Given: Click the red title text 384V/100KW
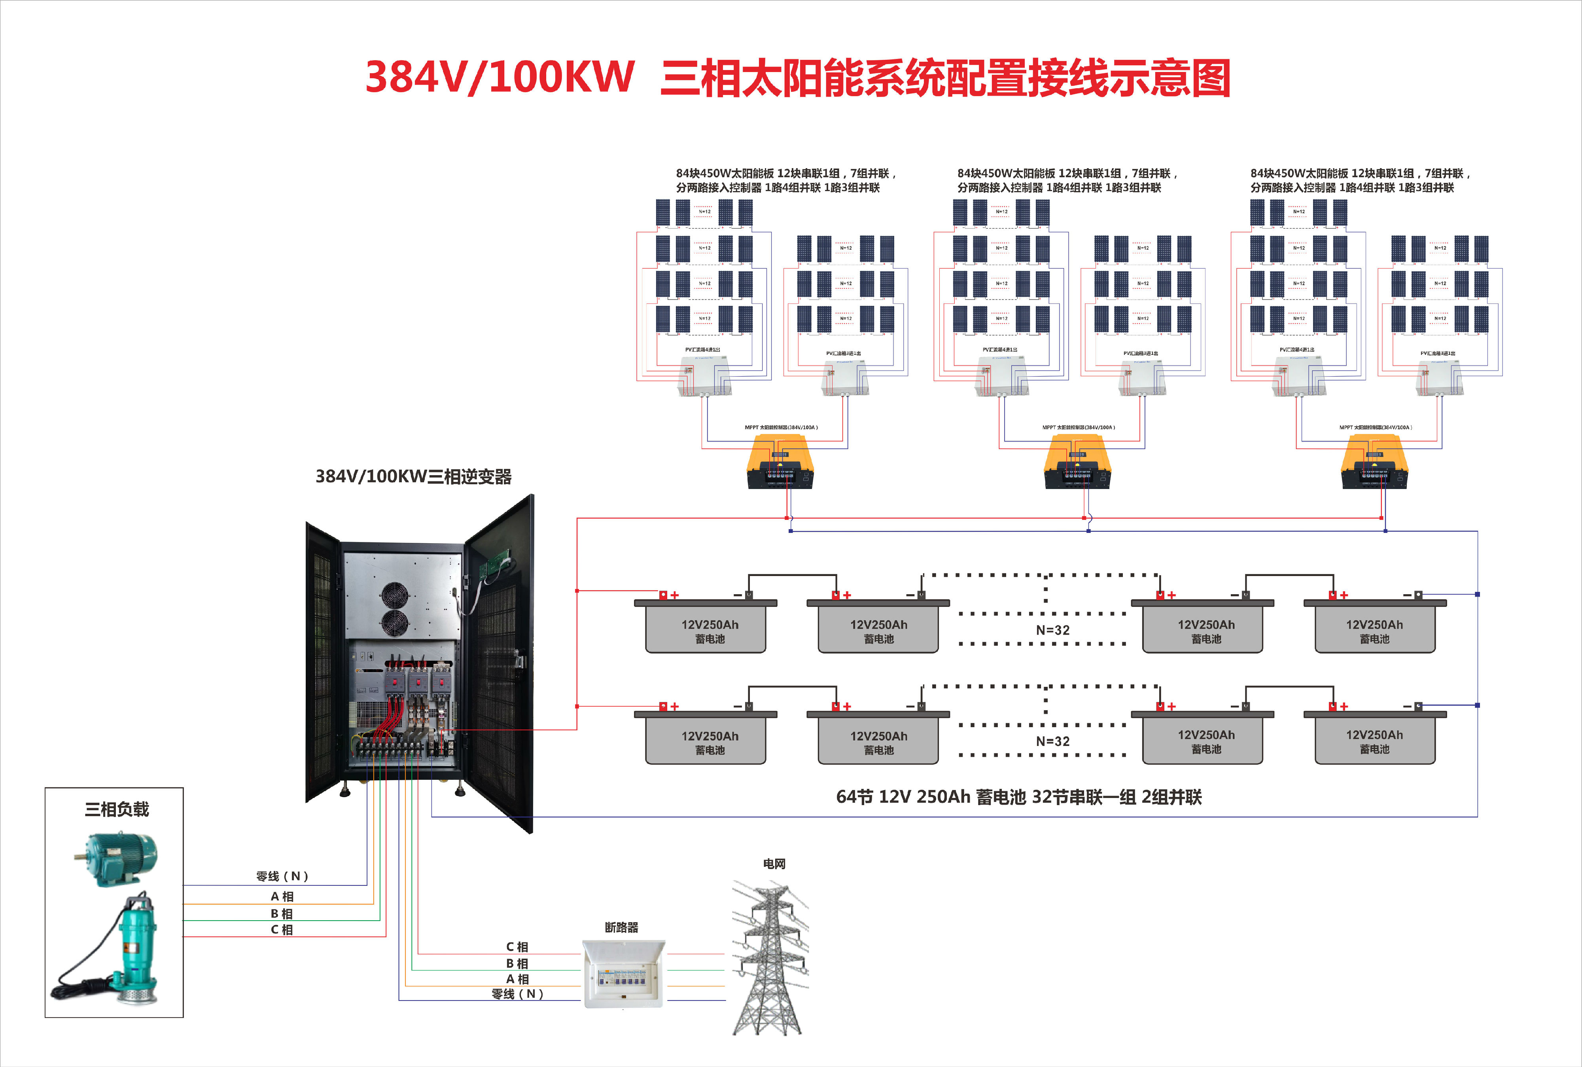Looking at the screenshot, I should [x=500, y=77].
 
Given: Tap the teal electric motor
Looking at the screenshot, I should [x=117, y=859].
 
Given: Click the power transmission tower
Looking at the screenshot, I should [x=770, y=959].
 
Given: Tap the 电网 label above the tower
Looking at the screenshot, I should [x=774, y=864].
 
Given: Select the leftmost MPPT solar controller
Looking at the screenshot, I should [x=780, y=463].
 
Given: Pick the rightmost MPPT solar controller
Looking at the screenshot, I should [x=1374, y=463].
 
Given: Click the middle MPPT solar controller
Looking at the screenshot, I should [x=1077, y=463].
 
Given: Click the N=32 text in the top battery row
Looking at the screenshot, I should [x=1052, y=630].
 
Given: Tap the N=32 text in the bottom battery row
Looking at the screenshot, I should [x=1052, y=741].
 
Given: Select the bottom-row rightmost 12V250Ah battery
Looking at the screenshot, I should [x=1374, y=740].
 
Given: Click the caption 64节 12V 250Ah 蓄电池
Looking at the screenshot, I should [x=1018, y=797].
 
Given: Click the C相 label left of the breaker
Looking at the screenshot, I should [x=517, y=947].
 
